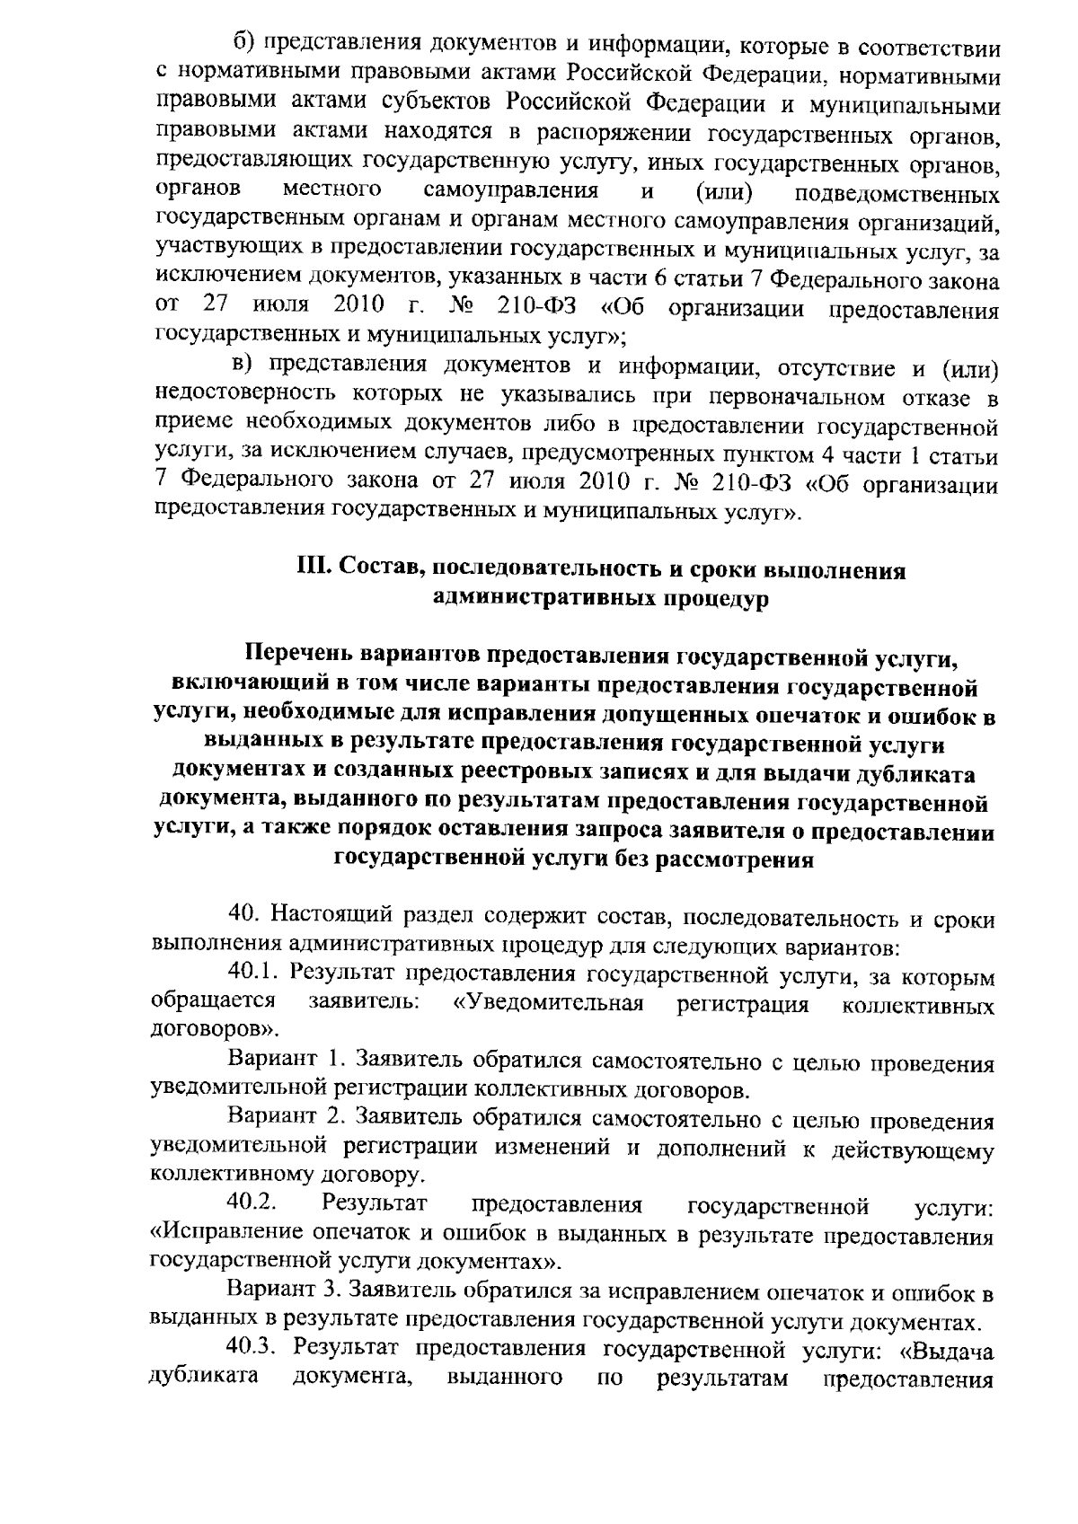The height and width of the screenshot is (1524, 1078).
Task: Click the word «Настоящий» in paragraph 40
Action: click(x=325, y=915)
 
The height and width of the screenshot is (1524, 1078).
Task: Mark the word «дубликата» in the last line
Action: click(x=196, y=1375)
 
